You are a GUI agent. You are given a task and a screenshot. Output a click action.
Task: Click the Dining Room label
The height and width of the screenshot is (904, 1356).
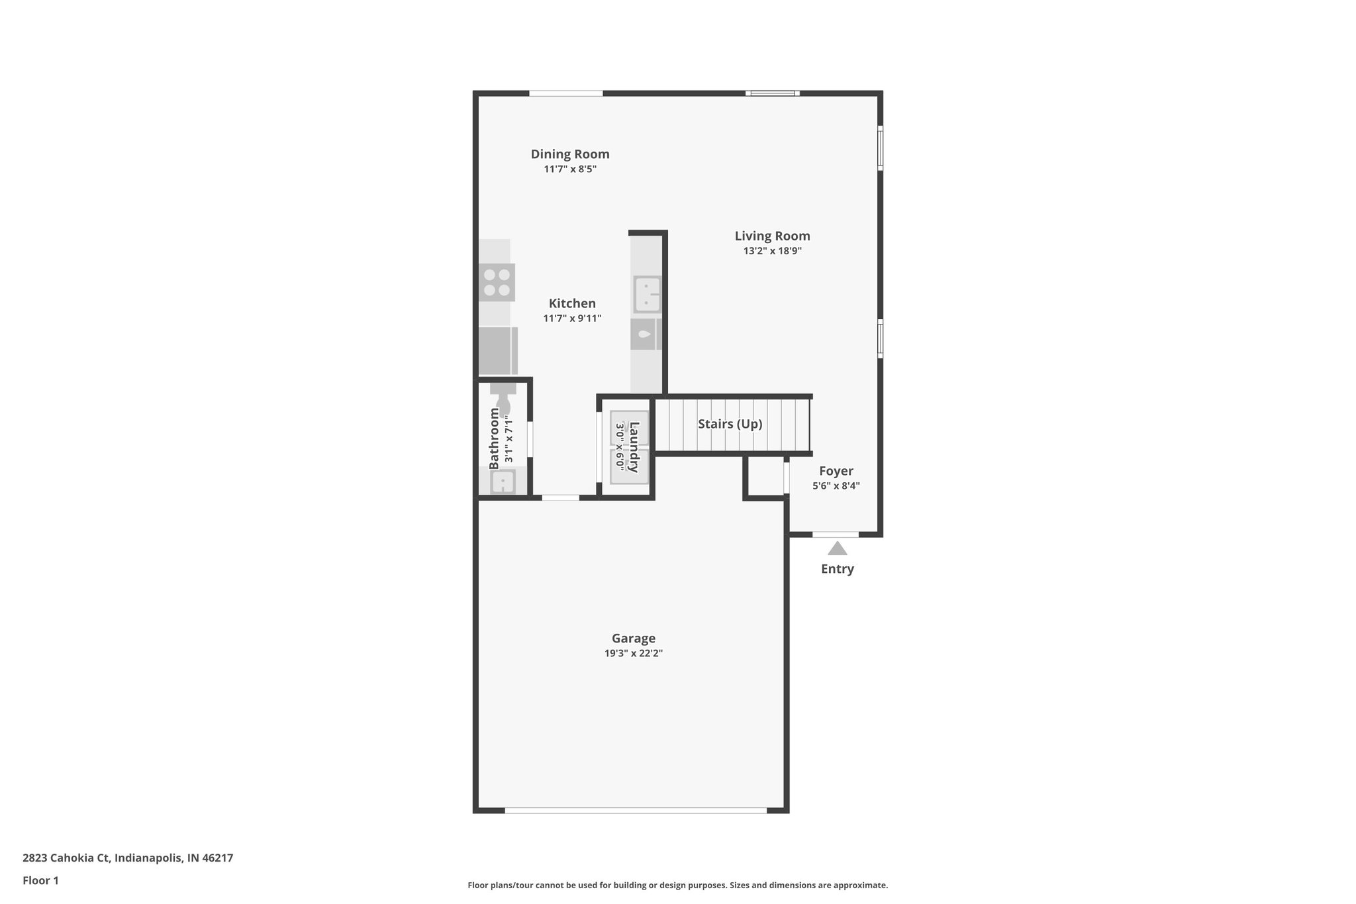(569, 154)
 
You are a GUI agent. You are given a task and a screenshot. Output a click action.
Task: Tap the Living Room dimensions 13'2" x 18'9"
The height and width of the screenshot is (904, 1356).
(772, 251)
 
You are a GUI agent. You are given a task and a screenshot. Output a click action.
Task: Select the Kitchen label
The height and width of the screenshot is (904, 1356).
(572, 303)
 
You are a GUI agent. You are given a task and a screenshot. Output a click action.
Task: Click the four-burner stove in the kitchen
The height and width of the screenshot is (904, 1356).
(497, 282)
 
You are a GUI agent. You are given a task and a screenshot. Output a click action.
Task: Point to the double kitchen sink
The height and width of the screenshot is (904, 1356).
(647, 294)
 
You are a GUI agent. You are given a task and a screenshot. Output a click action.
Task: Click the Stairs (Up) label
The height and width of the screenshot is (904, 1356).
(730, 424)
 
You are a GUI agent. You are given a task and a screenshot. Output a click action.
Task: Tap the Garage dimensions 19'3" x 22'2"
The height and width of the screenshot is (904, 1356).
(633, 653)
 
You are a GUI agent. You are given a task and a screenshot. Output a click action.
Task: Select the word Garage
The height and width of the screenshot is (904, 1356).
(633, 638)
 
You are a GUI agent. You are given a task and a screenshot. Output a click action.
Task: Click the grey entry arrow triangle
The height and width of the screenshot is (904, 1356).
(837, 548)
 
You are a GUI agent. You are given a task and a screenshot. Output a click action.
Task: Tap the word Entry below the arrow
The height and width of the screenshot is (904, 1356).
(837, 569)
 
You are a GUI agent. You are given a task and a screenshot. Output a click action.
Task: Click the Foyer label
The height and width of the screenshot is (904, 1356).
(836, 471)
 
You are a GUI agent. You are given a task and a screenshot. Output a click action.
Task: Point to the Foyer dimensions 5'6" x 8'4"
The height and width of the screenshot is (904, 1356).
(836, 485)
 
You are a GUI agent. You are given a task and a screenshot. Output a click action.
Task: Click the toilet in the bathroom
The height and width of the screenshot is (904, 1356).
(503, 401)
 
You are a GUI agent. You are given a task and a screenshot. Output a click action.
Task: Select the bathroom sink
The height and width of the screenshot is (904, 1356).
(503, 481)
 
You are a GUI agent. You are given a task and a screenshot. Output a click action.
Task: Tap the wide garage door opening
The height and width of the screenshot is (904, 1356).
(636, 809)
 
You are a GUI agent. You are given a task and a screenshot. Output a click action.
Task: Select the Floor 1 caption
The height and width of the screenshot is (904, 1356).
(40, 880)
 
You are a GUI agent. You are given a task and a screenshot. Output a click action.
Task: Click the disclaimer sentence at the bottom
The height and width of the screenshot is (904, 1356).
(677, 885)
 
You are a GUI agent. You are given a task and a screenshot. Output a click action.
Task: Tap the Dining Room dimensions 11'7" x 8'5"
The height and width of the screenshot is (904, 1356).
(570, 169)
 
